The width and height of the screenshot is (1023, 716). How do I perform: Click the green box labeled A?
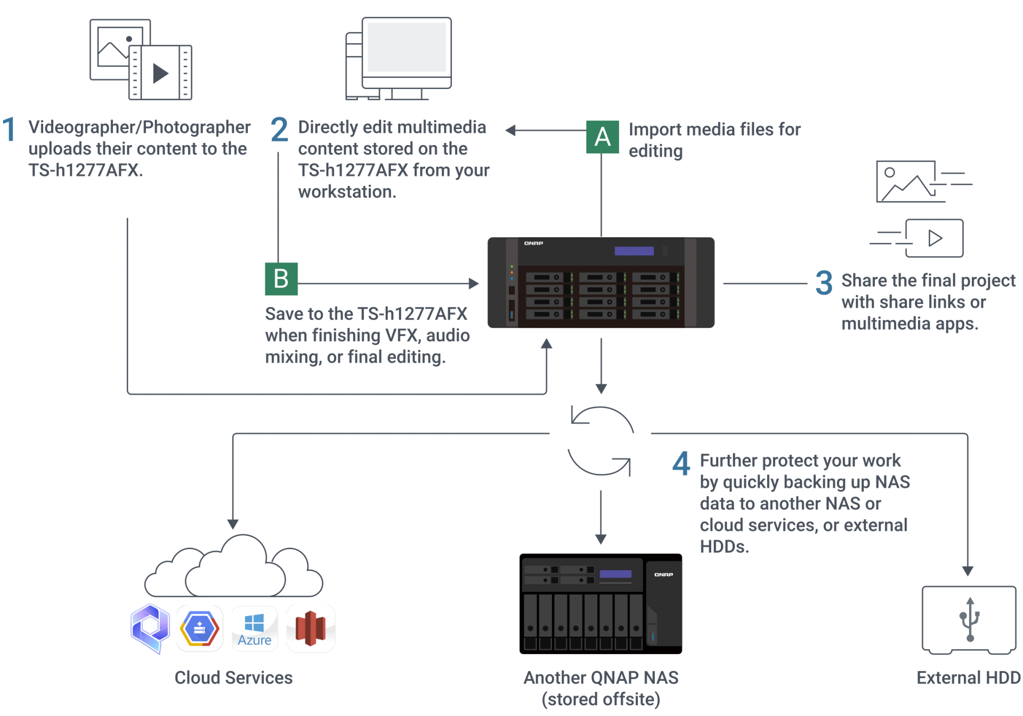pos(603,137)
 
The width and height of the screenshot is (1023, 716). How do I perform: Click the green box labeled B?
pos(281,279)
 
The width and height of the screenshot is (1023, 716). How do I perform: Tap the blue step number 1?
pos(9,130)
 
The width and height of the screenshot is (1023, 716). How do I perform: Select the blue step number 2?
pos(280,130)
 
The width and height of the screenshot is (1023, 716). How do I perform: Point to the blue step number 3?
pos(824,283)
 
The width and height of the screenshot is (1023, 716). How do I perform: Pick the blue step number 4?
pos(681,463)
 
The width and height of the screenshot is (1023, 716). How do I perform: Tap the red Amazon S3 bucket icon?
pos(311,629)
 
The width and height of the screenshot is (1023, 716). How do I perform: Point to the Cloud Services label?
pos(233,678)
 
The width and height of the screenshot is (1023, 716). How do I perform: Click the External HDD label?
pos(969,678)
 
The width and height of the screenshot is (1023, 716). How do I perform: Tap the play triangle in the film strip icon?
pos(160,73)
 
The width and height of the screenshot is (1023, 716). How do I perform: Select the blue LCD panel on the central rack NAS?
pos(634,251)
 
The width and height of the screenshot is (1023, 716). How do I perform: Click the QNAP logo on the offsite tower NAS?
pos(663,575)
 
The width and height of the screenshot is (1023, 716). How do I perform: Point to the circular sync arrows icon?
pos(600,441)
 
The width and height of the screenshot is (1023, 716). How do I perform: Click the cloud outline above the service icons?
pos(233,568)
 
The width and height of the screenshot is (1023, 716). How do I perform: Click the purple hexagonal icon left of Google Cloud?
pos(150,628)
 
